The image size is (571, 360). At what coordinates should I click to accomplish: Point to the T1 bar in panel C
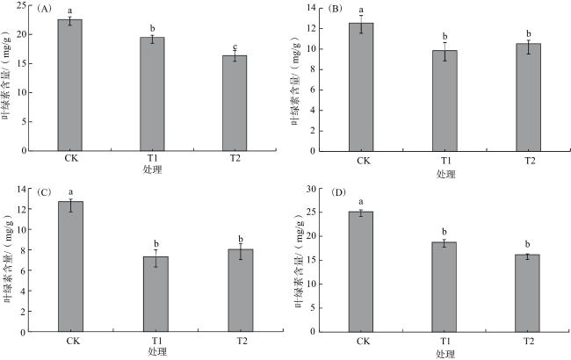coord(154,294)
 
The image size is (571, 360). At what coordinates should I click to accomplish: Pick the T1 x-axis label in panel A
coord(152,158)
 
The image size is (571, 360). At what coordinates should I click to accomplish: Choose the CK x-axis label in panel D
coord(364,340)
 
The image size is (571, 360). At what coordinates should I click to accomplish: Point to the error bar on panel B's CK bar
coord(362,24)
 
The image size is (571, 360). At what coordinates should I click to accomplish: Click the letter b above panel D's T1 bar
coord(445,231)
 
